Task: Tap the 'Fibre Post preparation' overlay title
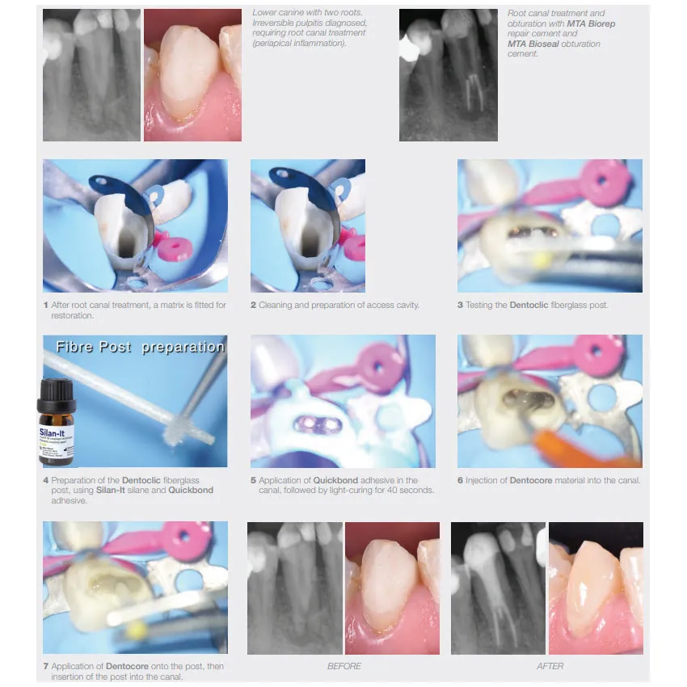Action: pos(140,347)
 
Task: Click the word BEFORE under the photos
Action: pos(344,666)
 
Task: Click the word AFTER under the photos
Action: pos(550,666)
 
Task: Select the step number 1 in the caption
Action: pos(46,306)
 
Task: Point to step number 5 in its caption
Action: pos(253,480)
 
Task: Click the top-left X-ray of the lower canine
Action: pos(91,75)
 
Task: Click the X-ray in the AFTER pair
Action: pos(498,588)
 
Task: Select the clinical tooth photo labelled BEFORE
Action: pos(392,588)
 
